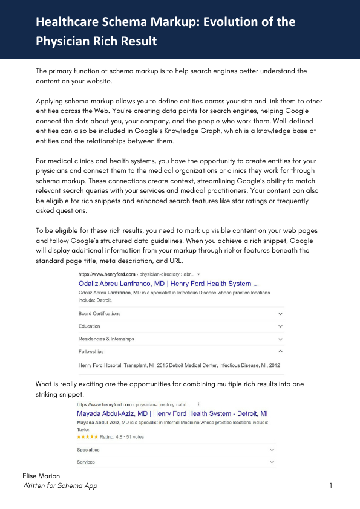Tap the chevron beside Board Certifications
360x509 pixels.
coord(280,314)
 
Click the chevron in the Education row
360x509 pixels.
coord(280,326)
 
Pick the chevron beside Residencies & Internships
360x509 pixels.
coord(280,339)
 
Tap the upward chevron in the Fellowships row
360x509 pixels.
coord(280,351)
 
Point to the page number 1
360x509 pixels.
coord(332,486)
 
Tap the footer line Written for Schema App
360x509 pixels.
coord(60,486)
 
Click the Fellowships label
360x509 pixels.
coord(91,351)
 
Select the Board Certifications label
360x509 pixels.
coord(99,314)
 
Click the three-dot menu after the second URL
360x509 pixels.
coord(199,404)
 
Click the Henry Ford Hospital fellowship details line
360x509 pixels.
coord(179,365)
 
